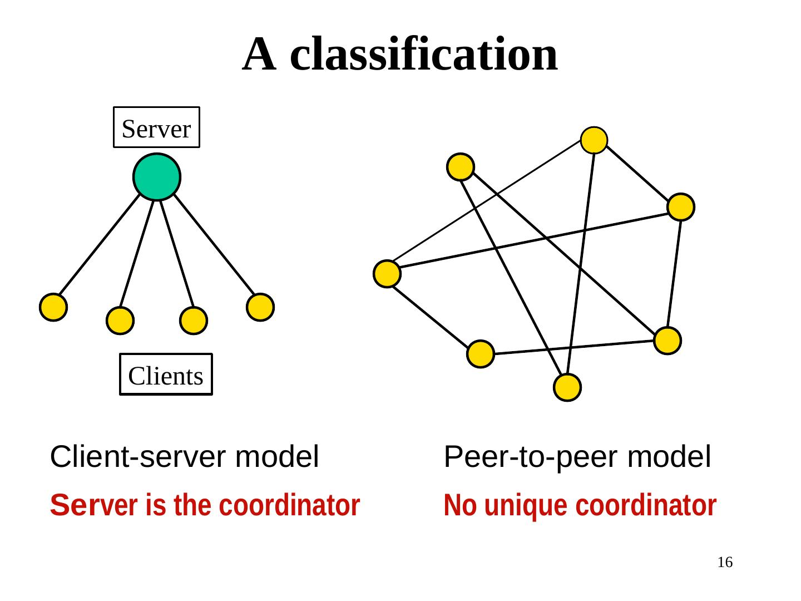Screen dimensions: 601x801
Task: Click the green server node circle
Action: point(157,177)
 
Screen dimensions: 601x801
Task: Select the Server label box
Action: point(156,128)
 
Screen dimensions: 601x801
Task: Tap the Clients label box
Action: point(166,375)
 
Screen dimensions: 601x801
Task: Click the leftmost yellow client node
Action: point(53,307)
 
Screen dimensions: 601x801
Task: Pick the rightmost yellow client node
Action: point(260,307)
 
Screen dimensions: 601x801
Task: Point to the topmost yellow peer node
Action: point(594,140)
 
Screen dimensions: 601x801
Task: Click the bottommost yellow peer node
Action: point(567,387)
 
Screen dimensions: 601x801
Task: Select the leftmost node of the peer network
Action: point(387,274)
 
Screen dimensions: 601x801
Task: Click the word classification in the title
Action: point(424,55)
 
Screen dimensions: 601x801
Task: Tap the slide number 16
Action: point(725,562)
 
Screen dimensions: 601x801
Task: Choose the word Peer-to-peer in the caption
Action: point(531,457)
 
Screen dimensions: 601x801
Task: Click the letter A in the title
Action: point(259,55)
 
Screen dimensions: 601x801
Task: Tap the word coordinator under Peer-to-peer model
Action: point(646,505)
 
